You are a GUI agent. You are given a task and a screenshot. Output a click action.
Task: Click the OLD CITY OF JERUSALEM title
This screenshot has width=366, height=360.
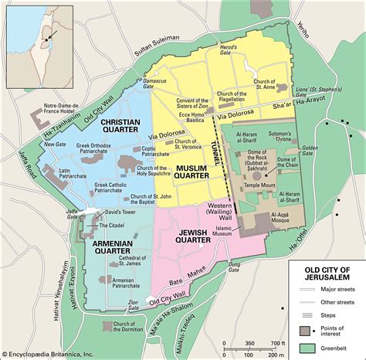(321, 273)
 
